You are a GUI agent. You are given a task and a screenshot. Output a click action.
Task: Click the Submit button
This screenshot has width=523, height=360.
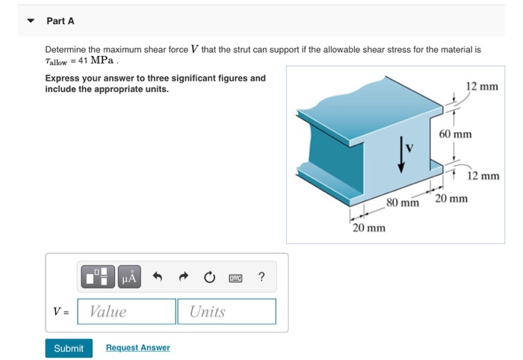click(69, 348)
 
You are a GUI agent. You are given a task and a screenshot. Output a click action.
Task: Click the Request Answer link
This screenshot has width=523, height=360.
click(137, 348)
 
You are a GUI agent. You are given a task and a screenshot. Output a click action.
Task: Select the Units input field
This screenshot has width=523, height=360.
click(226, 311)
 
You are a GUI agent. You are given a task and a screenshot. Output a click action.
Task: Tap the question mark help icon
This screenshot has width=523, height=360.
click(261, 278)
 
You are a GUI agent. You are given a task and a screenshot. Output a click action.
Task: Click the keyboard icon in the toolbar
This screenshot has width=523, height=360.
click(236, 278)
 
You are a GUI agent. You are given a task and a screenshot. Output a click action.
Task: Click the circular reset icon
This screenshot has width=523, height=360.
click(210, 278)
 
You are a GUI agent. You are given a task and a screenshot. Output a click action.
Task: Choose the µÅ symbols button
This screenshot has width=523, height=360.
click(129, 278)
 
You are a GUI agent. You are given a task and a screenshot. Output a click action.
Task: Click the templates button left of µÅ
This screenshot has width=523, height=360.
click(100, 278)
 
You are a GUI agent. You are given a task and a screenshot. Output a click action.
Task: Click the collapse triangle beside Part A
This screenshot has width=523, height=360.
click(31, 21)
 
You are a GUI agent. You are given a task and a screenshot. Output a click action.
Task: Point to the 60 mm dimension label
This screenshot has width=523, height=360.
click(455, 134)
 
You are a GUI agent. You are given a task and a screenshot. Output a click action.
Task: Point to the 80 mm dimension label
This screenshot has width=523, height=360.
click(403, 203)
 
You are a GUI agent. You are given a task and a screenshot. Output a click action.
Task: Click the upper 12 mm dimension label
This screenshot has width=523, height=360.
click(481, 87)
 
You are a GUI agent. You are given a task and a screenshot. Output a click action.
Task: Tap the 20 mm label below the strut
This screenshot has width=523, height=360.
click(369, 227)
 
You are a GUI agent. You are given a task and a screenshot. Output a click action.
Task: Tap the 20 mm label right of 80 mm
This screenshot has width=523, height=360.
click(451, 199)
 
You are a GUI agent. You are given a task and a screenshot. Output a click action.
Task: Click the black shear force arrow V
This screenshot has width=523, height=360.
click(402, 155)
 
